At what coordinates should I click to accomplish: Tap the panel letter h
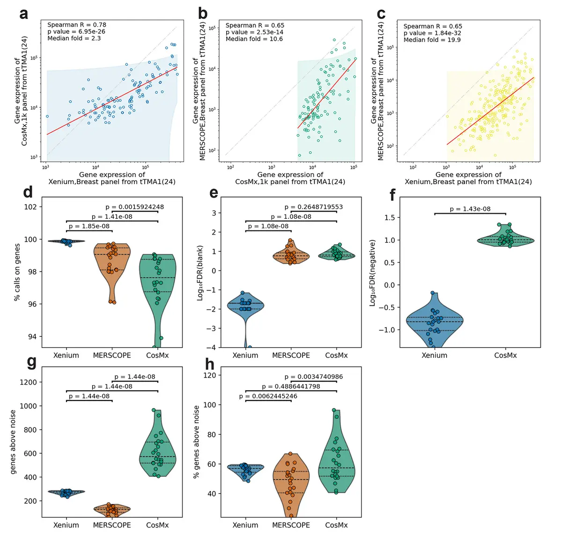(210, 364)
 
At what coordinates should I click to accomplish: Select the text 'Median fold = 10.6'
(254, 39)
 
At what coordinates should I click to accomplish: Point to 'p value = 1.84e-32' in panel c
(432, 33)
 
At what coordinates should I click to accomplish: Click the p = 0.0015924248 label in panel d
(135, 207)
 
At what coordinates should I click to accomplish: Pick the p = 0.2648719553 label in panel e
(314, 207)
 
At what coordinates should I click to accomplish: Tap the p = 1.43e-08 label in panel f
(470, 209)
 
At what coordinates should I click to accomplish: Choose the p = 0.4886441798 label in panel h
(291, 386)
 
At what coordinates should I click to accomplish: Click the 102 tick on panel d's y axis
(30, 207)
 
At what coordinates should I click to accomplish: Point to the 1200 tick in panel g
(29, 382)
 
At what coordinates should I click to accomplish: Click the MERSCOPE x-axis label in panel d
(112, 355)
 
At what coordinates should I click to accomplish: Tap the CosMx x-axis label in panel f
(505, 355)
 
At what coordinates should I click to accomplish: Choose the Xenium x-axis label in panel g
(66, 525)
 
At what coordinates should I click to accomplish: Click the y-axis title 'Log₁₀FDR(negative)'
(373, 273)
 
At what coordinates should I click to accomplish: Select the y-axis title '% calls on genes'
(17, 272)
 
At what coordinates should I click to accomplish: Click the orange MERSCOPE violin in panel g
(112, 509)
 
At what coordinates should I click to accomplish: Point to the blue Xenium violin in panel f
(435, 321)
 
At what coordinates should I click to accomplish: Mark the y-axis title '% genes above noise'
(196, 442)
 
